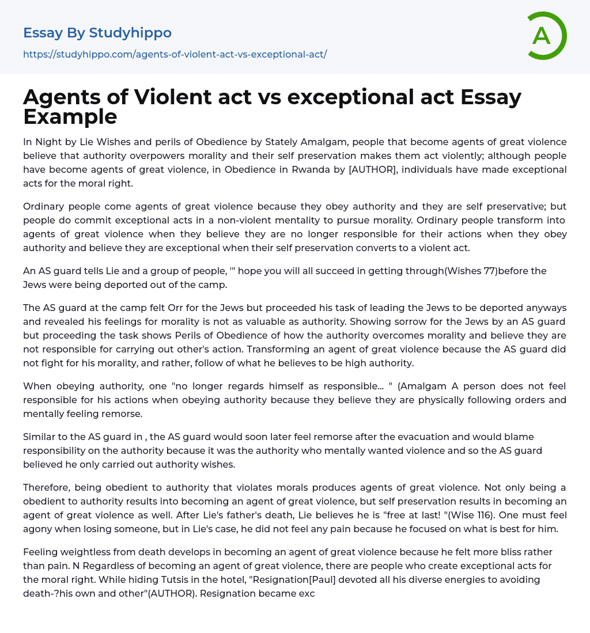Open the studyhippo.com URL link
175,55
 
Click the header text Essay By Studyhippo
97,33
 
